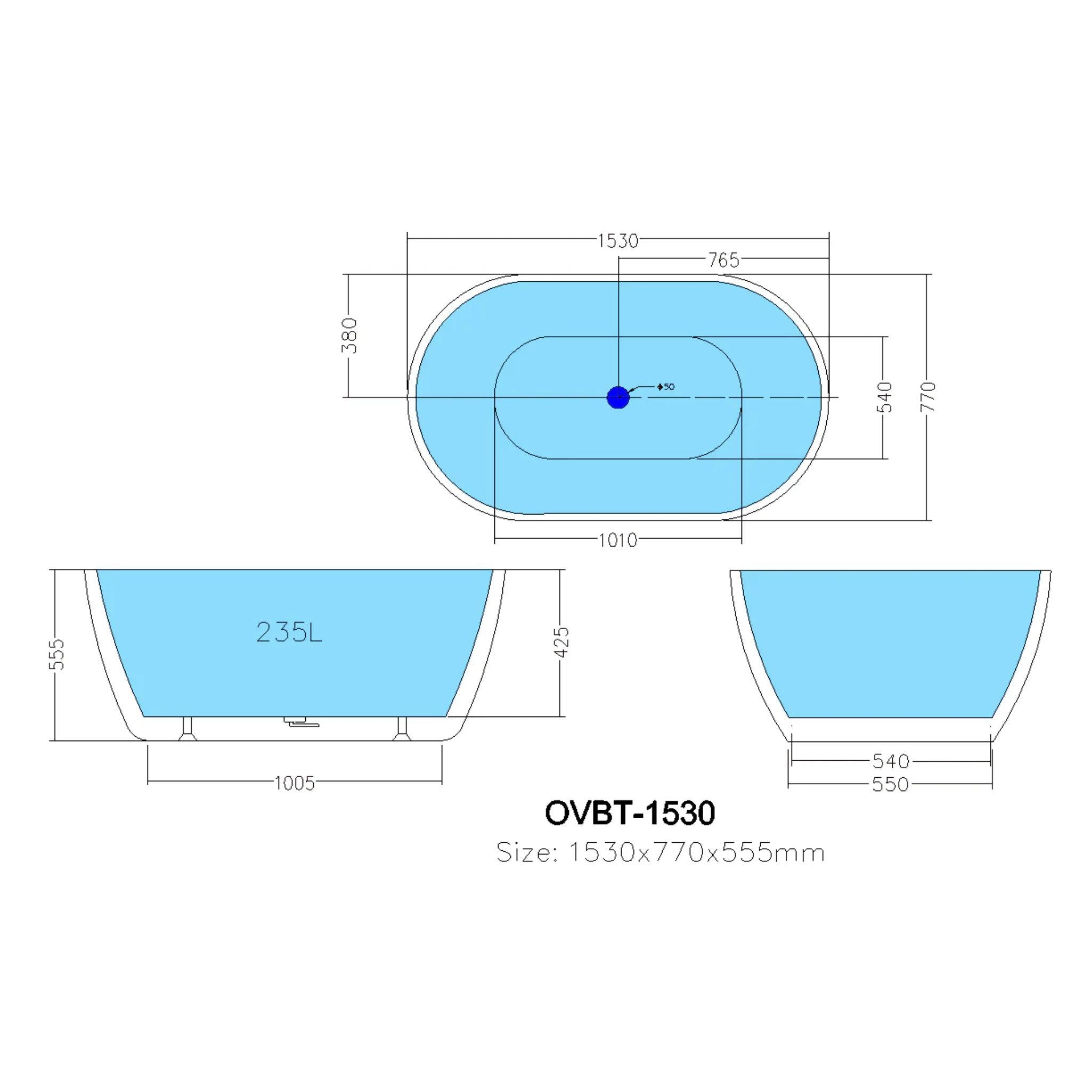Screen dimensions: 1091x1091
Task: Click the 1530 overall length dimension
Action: (x=618, y=241)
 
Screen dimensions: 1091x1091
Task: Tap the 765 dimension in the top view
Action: (x=723, y=260)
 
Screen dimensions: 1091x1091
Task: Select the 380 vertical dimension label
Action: (x=351, y=336)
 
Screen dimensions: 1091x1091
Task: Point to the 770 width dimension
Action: (x=928, y=396)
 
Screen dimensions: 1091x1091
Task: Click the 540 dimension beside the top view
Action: (x=884, y=396)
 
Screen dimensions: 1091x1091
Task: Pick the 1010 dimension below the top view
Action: (x=618, y=540)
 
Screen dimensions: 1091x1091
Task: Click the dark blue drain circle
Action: (x=618, y=397)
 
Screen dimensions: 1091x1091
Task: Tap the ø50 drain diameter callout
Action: (x=666, y=387)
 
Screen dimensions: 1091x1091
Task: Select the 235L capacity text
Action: (x=289, y=632)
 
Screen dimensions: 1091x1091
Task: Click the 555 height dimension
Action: (x=58, y=655)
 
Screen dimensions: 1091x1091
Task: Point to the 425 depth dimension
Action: (x=563, y=642)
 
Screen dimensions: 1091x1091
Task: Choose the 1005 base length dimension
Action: (x=294, y=783)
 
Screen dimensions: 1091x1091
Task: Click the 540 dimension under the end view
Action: (x=891, y=761)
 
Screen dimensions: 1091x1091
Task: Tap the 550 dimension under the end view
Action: (x=891, y=784)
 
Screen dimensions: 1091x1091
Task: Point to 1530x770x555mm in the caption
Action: (x=695, y=853)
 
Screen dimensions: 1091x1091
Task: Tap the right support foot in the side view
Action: (x=402, y=728)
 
